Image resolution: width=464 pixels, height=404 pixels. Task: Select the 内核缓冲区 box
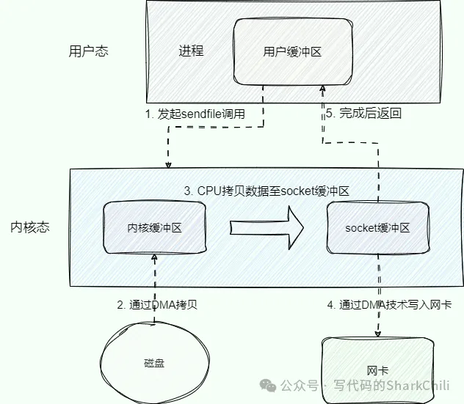coord(154,228)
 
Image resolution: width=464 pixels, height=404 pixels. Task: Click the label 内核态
coord(30,227)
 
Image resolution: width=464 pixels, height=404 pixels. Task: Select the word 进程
coord(191,51)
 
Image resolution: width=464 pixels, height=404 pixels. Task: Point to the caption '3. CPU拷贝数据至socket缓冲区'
coord(266,190)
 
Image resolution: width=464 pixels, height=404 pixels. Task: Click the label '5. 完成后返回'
coord(364,114)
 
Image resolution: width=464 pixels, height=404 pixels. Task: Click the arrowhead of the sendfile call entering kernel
coord(169,163)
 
